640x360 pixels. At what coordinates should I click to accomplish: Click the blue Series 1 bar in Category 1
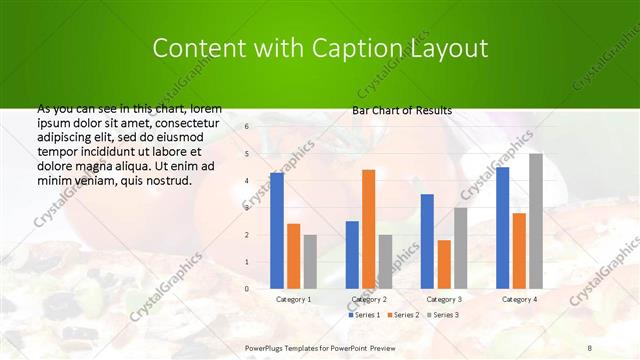click(277, 230)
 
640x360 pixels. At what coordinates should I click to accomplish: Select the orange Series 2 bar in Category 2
click(368, 229)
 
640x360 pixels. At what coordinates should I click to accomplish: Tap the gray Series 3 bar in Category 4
click(536, 221)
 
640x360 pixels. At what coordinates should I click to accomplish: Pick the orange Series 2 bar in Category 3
click(444, 264)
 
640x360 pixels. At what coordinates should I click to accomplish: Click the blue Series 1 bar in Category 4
click(502, 227)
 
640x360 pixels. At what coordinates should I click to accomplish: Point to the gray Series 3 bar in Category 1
click(310, 261)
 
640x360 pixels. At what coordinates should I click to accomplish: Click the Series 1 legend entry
click(364, 315)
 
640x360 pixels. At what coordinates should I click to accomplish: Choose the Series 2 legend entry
click(402, 315)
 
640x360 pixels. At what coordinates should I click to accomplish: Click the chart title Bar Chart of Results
click(402, 110)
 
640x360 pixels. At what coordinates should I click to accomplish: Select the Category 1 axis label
click(293, 299)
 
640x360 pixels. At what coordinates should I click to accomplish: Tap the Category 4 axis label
click(519, 299)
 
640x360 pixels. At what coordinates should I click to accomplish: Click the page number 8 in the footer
click(589, 348)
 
